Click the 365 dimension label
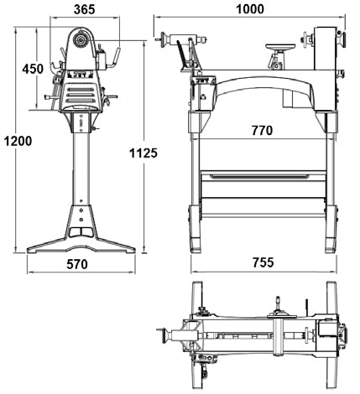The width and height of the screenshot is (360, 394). [84, 9]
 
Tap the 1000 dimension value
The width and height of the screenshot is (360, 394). [250, 9]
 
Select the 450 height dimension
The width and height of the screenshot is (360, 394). [33, 69]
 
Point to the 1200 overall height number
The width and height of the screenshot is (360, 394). [18, 141]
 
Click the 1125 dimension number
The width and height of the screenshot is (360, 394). [143, 153]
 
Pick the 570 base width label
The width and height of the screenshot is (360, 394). [77, 264]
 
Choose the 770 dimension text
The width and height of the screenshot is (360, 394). [262, 131]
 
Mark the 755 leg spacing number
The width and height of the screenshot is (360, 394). [263, 262]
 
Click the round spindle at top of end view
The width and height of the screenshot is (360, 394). [81, 40]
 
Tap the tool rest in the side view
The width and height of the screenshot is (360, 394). [280, 47]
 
